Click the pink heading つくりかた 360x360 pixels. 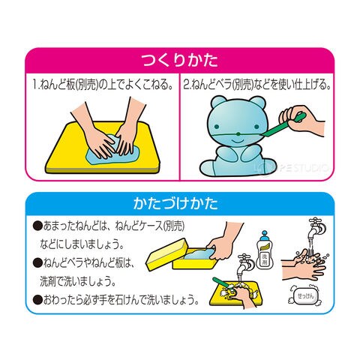coord(180,60)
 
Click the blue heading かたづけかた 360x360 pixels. coord(175,203)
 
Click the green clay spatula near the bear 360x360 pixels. coord(283,126)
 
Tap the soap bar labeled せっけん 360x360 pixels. coord(305,296)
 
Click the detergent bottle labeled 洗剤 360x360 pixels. coord(265,250)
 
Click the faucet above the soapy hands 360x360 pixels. coord(316,228)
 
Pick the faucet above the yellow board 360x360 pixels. coord(244,265)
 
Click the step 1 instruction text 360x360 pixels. coord(103,85)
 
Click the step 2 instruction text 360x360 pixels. coord(257,85)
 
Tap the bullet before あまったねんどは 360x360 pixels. coord(37,226)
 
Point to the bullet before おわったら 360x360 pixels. coord(37,300)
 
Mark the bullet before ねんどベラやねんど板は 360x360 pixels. coord(37,263)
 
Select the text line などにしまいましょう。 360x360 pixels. coord(82,244)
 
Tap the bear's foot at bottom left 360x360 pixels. coord(209,168)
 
